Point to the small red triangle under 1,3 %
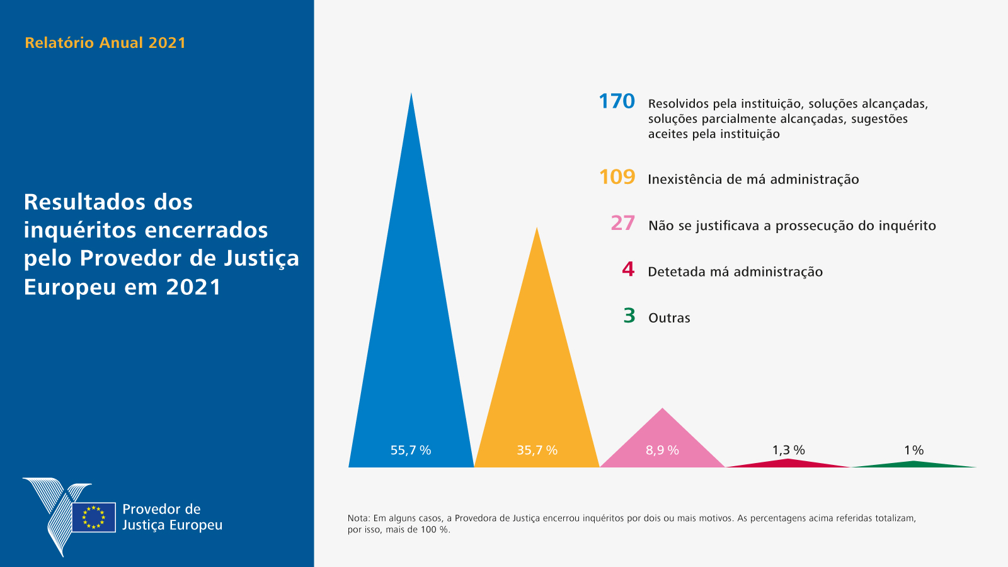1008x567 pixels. (x=788, y=463)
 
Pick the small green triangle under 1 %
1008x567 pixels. (x=913, y=464)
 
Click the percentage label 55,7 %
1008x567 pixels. (x=411, y=450)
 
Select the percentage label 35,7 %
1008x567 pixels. (x=537, y=450)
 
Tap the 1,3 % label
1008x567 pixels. (x=788, y=450)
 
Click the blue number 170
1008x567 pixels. (x=616, y=101)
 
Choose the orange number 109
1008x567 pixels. (x=617, y=177)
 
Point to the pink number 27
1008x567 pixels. (x=622, y=223)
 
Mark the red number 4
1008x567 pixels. (x=628, y=270)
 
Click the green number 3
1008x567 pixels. (x=629, y=316)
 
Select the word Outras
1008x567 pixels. (x=669, y=318)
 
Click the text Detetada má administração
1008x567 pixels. (x=735, y=272)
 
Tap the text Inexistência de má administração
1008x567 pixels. (x=753, y=180)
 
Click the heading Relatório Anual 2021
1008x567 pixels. (x=105, y=43)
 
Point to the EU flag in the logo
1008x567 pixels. (x=93, y=517)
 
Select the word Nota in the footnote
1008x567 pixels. (x=358, y=518)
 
